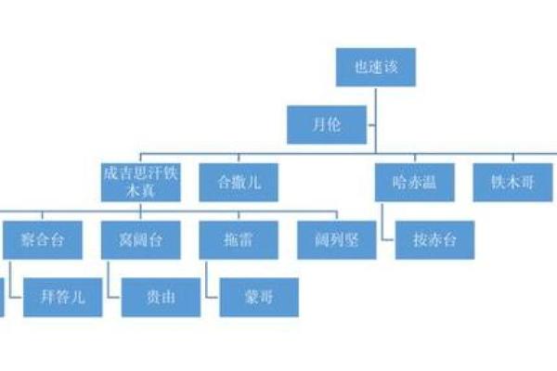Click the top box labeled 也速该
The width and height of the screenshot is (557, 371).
[375, 69]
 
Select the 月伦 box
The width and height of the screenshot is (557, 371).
[327, 125]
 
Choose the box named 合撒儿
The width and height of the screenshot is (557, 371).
[239, 182]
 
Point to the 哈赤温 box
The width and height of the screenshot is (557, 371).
[416, 182]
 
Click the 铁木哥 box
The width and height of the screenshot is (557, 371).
[512, 182]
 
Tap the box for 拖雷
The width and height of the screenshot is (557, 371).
[239, 239]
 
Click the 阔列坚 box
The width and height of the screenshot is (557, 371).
[336, 239]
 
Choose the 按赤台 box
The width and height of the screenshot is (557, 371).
[434, 239]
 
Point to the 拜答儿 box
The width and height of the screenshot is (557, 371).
[62, 297]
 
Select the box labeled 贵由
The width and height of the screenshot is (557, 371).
[161, 297]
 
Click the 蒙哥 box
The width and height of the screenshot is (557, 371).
[259, 297]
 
